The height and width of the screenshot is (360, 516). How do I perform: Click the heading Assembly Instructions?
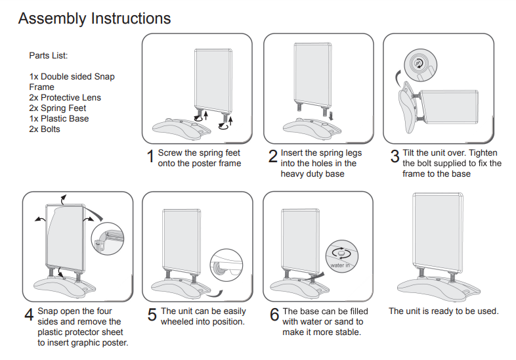click(x=95, y=18)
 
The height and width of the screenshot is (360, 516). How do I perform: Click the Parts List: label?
click(x=49, y=55)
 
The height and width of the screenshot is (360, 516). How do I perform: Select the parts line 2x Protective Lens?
click(x=65, y=98)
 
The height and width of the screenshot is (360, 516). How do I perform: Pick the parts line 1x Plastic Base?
click(x=59, y=119)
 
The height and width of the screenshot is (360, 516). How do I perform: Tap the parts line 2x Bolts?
click(x=45, y=129)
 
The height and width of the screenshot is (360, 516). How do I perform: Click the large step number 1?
click(x=150, y=158)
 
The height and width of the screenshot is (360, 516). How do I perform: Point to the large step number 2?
click(x=272, y=158)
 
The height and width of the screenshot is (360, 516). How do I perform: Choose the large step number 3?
click(x=395, y=158)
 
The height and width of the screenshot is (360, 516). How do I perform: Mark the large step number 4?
click(x=29, y=315)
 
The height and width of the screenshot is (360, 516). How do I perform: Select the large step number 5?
click(x=151, y=315)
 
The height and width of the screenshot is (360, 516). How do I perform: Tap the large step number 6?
click(x=274, y=315)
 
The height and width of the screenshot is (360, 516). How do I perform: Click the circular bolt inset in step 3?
click(x=418, y=64)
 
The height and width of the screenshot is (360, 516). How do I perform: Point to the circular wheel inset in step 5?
click(x=226, y=266)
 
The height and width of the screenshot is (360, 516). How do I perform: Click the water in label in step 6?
click(x=340, y=265)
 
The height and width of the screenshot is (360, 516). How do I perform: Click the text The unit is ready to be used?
click(x=444, y=311)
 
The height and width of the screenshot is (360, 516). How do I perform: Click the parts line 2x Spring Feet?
click(x=58, y=108)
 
